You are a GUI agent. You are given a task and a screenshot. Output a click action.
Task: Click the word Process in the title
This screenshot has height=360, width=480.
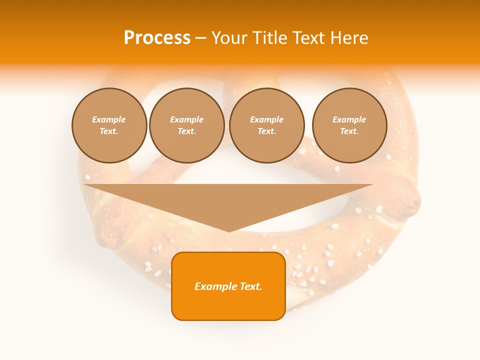click(x=157, y=37)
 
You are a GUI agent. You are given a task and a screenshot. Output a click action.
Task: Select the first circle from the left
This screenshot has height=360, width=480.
click(x=109, y=125)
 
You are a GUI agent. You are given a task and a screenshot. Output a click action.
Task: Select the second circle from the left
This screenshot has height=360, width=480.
click(x=187, y=125)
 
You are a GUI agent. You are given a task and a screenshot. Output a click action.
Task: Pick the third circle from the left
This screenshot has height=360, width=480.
click(x=266, y=125)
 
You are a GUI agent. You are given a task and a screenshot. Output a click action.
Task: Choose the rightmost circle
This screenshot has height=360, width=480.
click(x=349, y=125)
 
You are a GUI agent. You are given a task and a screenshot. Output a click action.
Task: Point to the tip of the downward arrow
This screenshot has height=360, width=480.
click(x=228, y=230)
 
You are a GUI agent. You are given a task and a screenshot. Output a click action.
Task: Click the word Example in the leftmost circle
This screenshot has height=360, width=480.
click(x=109, y=119)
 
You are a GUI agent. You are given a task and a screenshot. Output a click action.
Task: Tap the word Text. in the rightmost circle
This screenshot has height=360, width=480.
click(x=349, y=131)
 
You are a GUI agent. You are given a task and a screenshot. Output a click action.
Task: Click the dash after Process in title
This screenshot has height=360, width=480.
click(x=200, y=38)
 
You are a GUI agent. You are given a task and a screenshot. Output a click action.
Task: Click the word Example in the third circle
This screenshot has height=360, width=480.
click(x=266, y=119)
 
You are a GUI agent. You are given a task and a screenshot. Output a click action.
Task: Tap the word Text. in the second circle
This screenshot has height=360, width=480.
click(x=187, y=131)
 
